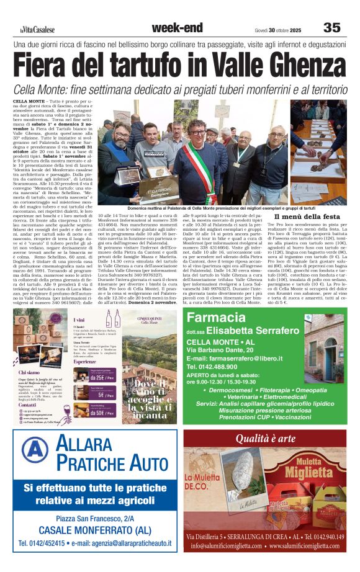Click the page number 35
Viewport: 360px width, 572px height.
[x=331, y=27]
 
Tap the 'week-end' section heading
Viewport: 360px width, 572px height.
[x=177, y=27]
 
